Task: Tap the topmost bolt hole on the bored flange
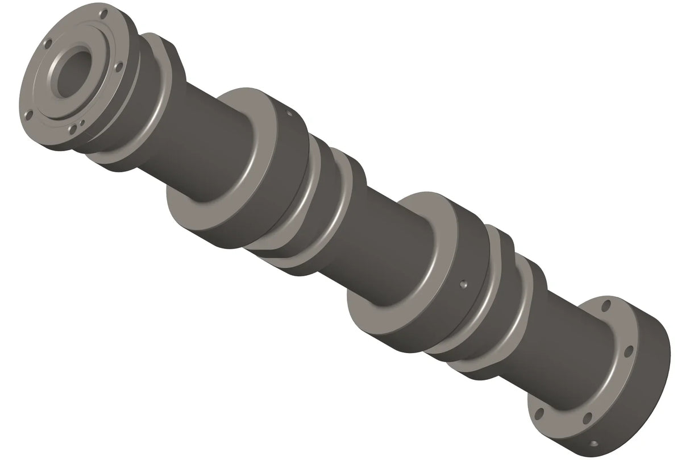point(103,13)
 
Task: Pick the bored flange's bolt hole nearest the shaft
point(118,67)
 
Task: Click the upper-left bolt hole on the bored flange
point(47,42)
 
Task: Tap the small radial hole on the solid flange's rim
point(594,443)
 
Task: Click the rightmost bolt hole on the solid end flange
point(629,351)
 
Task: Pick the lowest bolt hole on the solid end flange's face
point(539,413)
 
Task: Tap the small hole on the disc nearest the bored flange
point(289,114)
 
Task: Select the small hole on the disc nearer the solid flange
point(463,282)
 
